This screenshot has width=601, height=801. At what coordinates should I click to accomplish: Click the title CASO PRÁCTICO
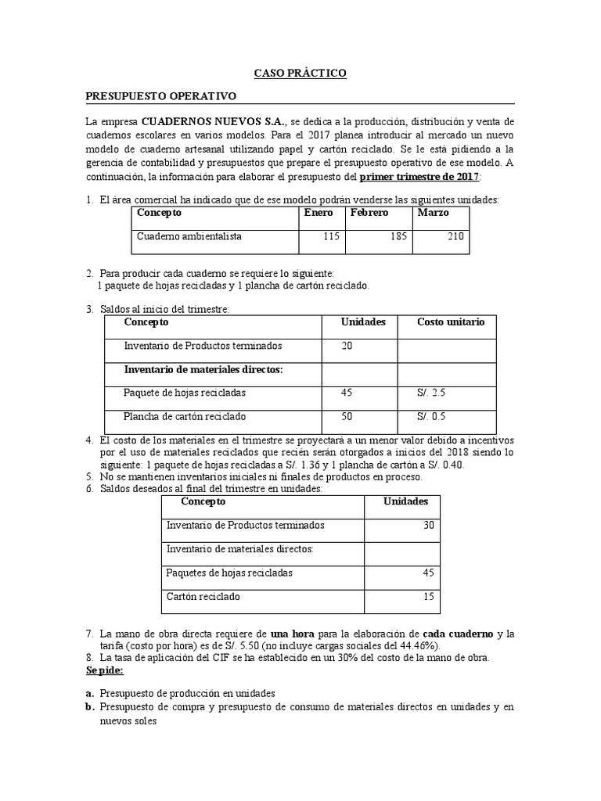(x=300, y=73)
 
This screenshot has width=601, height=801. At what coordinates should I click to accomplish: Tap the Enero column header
(x=318, y=213)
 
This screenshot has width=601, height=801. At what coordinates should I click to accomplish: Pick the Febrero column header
(x=369, y=213)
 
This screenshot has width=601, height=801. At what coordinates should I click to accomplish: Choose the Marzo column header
(x=433, y=213)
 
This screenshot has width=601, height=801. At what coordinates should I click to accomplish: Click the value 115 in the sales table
(x=333, y=236)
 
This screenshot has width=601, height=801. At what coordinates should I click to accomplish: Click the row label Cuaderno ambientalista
(x=189, y=236)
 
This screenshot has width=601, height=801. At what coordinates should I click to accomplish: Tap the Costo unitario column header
(x=451, y=322)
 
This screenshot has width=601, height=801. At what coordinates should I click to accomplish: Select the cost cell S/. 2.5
(x=431, y=393)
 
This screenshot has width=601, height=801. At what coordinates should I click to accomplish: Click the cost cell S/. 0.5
(x=431, y=416)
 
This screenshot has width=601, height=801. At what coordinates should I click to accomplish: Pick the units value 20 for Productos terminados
(x=348, y=346)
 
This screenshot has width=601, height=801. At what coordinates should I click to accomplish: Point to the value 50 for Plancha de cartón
(x=348, y=416)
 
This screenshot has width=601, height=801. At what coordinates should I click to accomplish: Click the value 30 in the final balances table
(x=428, y=525)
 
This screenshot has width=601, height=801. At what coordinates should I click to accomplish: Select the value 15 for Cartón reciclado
(x=428, y=597)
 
